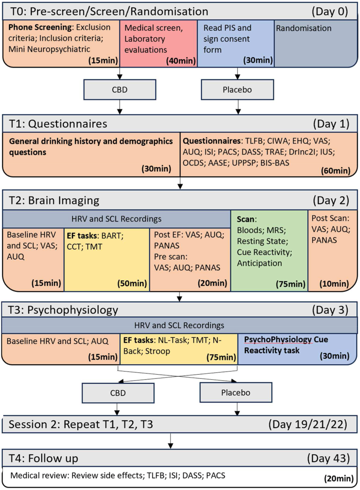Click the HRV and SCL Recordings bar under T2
118,218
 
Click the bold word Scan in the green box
244,220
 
